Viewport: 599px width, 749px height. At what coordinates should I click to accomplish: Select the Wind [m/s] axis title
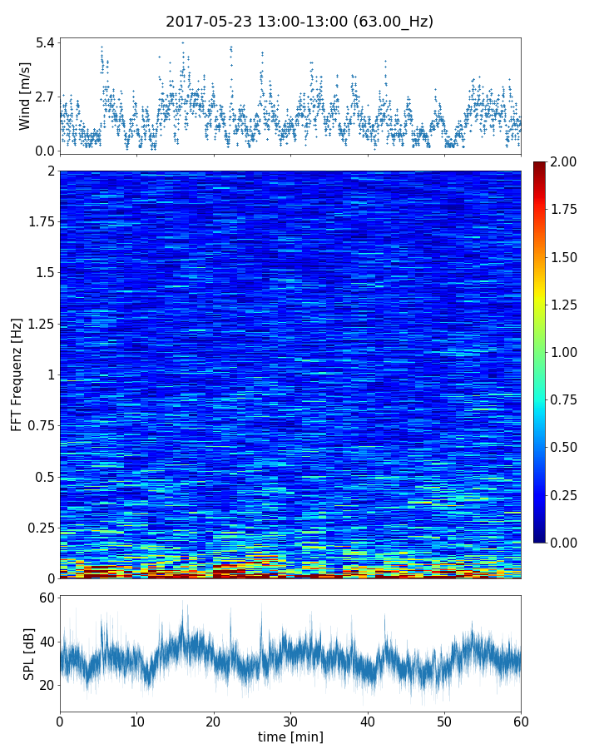[25, 96]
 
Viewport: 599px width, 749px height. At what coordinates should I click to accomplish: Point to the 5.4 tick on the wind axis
[43, 42]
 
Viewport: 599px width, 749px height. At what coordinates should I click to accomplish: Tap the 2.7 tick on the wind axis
[43, 97]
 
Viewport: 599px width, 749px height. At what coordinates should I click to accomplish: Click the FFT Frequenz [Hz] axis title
[17, 374]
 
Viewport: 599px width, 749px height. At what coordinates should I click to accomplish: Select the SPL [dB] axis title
[29, 653]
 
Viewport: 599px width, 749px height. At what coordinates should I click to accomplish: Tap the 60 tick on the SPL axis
[46, 598]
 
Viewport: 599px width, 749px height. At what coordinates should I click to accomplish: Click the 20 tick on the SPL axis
[46, 685]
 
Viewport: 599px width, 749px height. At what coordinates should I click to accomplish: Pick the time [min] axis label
[290, 737]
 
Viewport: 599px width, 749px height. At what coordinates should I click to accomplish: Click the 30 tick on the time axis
[290, 720]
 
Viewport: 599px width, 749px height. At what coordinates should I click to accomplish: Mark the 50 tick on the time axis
[444, 720]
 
